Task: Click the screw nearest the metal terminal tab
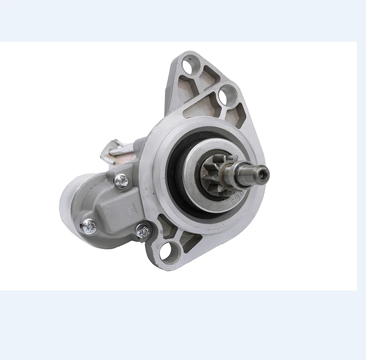coord(121,181)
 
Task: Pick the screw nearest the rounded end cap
coord(89,226)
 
